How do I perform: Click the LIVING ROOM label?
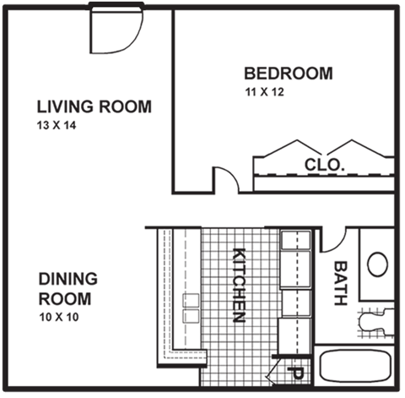(94, 107)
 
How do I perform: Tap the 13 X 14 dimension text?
(55, 126)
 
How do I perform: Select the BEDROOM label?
(288, 74)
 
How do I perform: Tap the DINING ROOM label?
(67, 288)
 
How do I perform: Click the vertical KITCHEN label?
(239, 286)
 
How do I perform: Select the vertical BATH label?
(340, 282)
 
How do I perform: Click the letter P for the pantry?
(297, 371)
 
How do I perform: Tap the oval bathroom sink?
(377, 264)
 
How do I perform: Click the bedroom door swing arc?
(225, 178)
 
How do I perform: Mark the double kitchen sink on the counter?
(191, 308)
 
